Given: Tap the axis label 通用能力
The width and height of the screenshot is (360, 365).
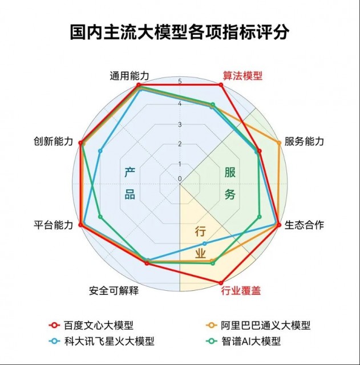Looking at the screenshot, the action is tap(130, 76).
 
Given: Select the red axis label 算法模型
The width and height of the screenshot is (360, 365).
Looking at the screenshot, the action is tap(242, 75).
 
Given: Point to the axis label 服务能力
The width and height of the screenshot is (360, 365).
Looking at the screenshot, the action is tap(304, 141).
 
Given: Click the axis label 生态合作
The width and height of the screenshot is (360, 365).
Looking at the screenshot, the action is tap(304, 225).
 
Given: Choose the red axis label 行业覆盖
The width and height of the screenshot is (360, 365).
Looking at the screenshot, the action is tap(241, 291).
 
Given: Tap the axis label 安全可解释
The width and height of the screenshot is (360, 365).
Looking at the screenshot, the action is tap(114, 290).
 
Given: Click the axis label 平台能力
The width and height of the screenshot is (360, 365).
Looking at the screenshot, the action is tap(53, 225).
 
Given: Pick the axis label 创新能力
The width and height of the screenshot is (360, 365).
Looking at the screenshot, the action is tap(53, 141).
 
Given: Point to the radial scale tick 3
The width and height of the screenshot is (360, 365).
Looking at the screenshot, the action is tap(180, 124).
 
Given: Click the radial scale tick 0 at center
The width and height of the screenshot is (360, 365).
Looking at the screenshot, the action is tap(180, 179).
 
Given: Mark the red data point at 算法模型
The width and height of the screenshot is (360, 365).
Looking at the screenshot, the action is tap(221, 85).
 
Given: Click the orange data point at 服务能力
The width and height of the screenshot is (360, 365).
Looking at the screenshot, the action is tap(279, 143).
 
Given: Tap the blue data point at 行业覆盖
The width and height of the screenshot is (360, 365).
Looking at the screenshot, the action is tap(204, 244).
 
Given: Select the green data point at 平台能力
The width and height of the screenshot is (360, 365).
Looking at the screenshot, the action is tap(100, 217).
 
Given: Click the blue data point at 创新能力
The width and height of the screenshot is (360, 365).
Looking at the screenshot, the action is tap(100, 151).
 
